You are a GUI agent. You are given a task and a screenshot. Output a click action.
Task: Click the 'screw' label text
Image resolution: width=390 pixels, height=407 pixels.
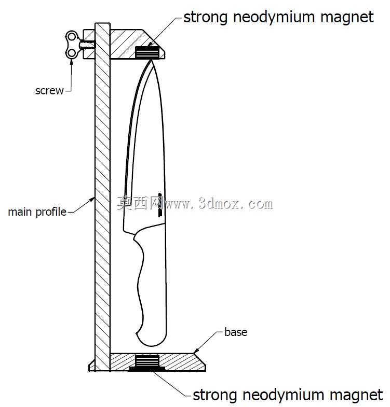tap(49, 91)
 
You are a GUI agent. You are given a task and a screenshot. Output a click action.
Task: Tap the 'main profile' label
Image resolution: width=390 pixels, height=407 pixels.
tap(37, 212)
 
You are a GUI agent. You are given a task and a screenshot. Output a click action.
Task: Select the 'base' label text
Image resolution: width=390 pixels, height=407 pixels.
tap(236, 332)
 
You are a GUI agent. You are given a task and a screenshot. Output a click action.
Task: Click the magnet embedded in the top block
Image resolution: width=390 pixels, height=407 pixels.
tap(147, 52)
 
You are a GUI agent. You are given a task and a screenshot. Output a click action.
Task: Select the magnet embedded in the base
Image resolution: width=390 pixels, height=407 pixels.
tap(147, 361)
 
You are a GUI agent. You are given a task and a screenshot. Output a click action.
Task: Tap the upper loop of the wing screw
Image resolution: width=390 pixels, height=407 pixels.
tap(72, 37)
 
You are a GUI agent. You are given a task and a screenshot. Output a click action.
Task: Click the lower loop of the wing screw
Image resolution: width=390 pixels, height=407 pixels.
tap(72, 53)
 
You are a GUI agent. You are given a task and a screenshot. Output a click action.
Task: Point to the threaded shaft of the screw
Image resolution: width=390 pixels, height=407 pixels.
tap(87, 45)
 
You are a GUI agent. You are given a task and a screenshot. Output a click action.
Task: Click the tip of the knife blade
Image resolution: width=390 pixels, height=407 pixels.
tap(151, 60)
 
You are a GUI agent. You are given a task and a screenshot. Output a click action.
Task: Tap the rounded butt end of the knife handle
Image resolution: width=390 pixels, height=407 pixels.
tap(151, 341)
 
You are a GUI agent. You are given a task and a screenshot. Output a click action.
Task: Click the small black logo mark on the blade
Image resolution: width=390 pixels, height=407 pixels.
tap(160, 205)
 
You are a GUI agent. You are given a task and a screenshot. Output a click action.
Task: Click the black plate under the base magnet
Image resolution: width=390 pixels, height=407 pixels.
tap(147, 369)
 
